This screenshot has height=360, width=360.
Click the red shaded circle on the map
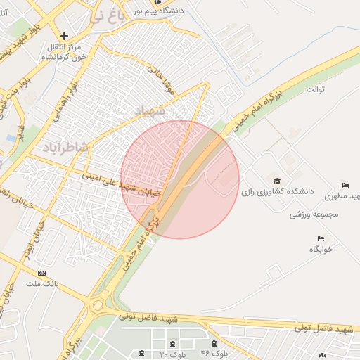[x=180, y=179]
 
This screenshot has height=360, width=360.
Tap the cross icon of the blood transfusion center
[x=65, y=35]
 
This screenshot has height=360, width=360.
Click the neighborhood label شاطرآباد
[x=65, y=146]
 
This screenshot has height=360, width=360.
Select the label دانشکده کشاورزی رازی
[x=281, y=191]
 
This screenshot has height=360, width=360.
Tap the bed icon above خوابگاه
[x=321, y=239]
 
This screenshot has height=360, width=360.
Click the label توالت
[x=314, y=90]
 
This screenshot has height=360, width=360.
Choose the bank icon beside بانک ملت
[x=41, y=273]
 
